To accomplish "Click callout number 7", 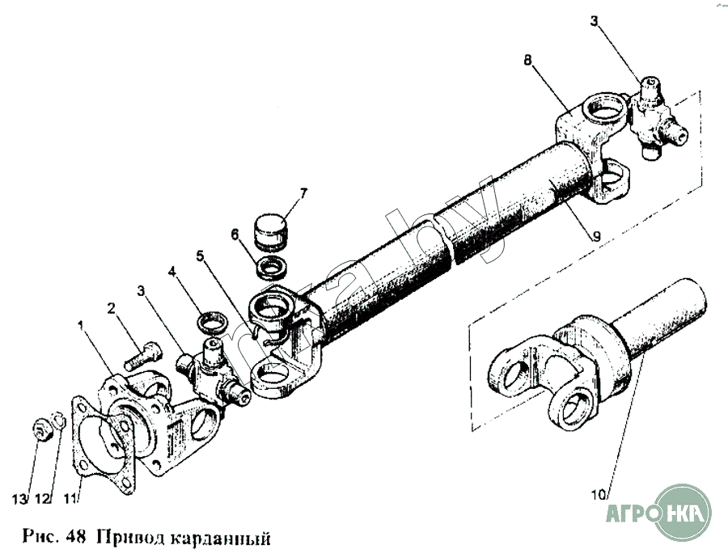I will point(303,192).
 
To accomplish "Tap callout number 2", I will point(111,307).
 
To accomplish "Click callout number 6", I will point(235,235).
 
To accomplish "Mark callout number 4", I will point(171,272).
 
